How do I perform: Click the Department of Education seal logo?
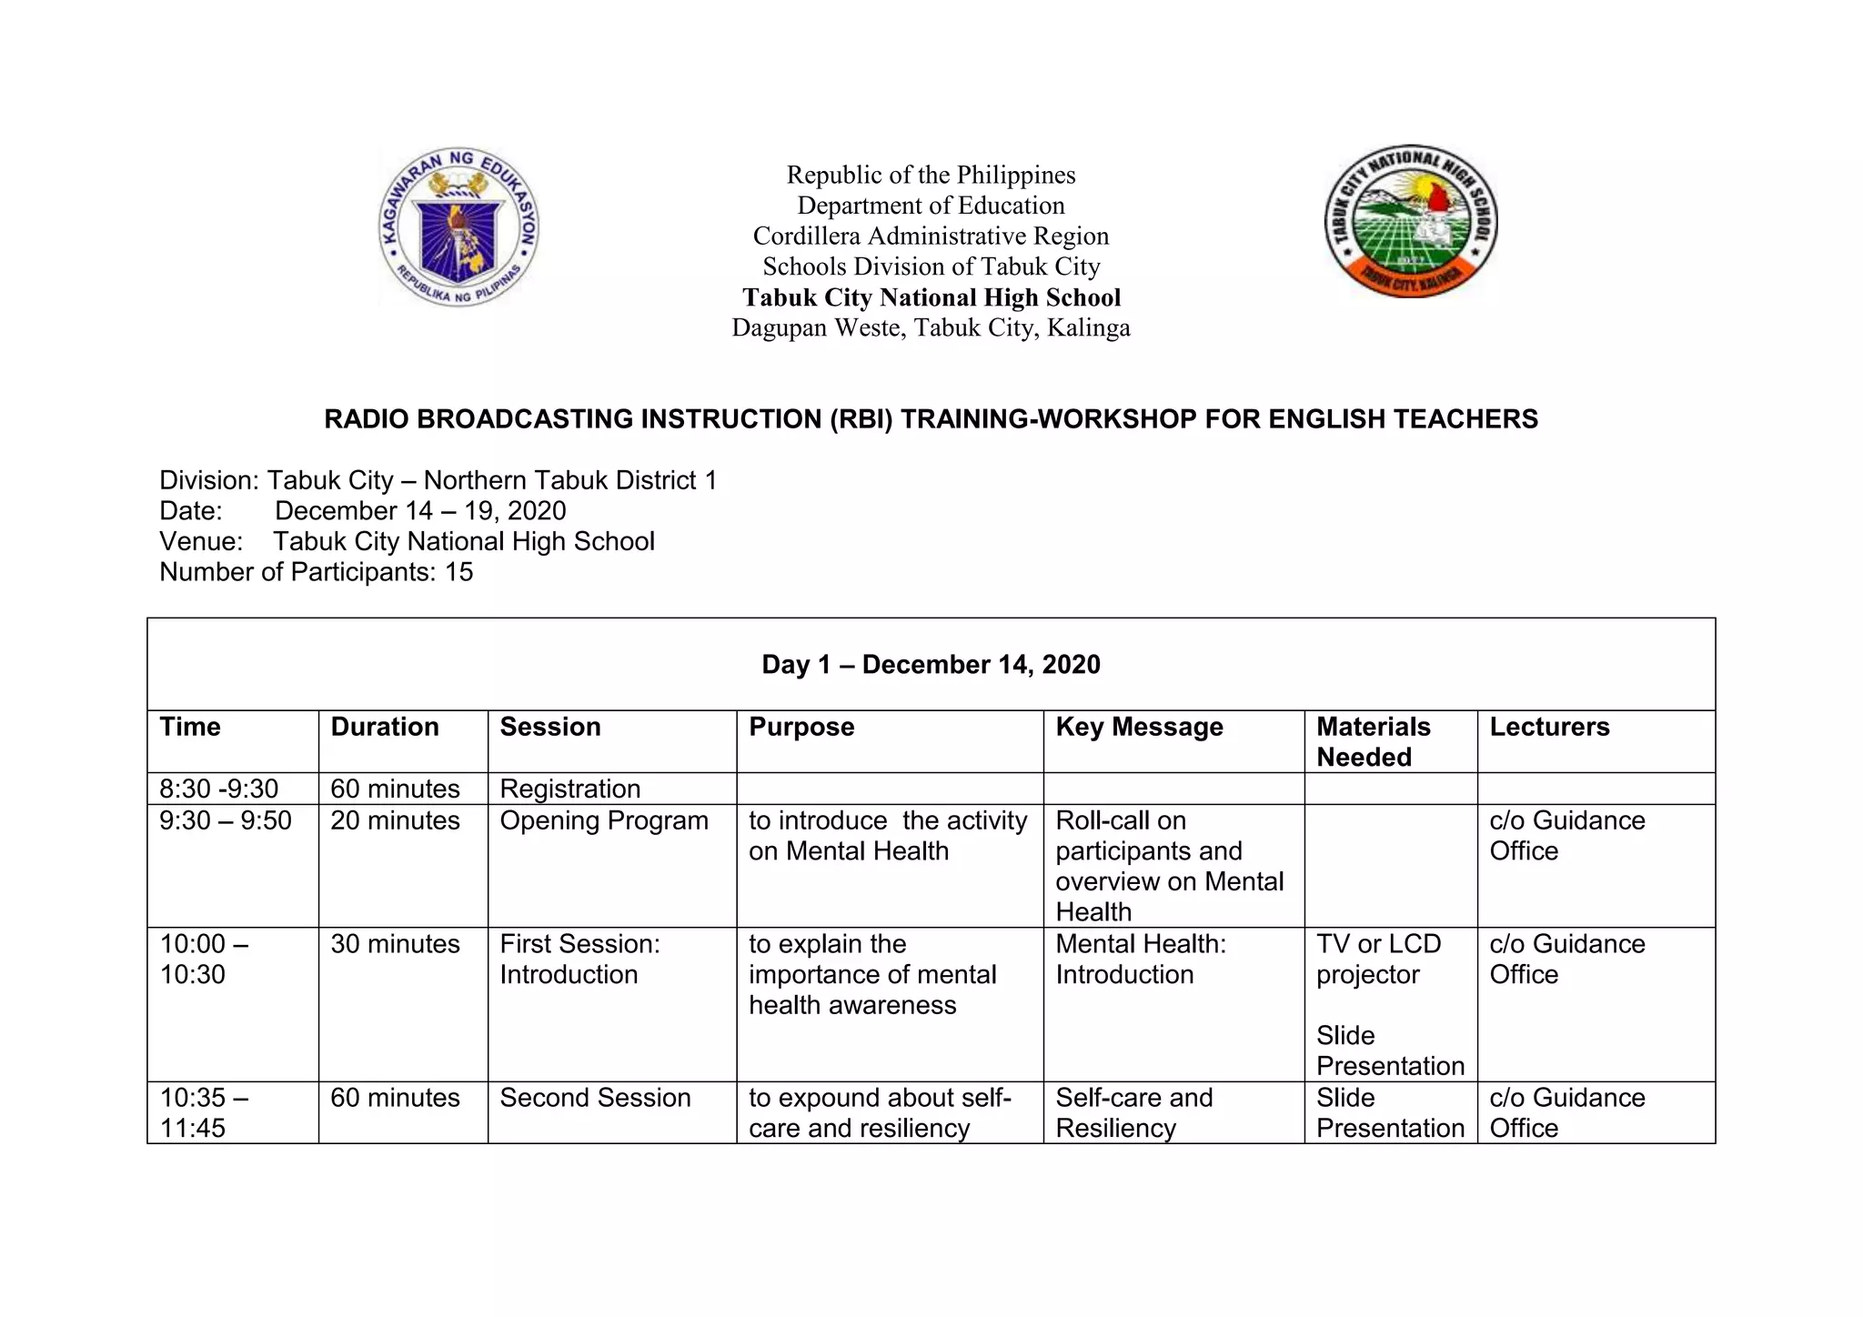(458, 226)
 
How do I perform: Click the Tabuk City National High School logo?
(1411, 221)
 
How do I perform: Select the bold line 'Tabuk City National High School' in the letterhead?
(931, 297)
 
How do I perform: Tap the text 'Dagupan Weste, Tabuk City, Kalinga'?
(931, 327)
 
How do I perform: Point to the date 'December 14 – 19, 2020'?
(420, 511)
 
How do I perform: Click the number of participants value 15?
(458, 572)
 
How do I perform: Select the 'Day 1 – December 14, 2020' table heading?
(931, 665)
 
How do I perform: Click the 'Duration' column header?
(384, 727)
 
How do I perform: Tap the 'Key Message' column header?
(1139, 727)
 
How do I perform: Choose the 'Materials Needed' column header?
(1373, 741)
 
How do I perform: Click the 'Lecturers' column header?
(1549, 727)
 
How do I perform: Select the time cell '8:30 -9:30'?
(218, 789)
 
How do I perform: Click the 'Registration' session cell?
(570, 789)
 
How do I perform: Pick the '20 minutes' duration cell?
(395, 820)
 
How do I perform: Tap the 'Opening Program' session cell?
(604, 820)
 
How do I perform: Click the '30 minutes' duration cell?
(395, 944)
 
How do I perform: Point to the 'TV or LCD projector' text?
(1378, 959)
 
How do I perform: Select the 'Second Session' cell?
(595, 1098)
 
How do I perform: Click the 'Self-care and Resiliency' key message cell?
(1133, 1112)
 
